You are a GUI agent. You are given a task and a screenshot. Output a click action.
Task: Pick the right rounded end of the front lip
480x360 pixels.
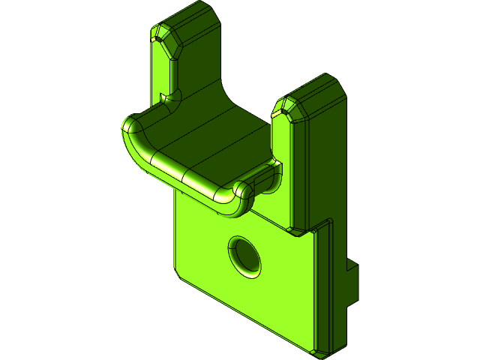[244, 196]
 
